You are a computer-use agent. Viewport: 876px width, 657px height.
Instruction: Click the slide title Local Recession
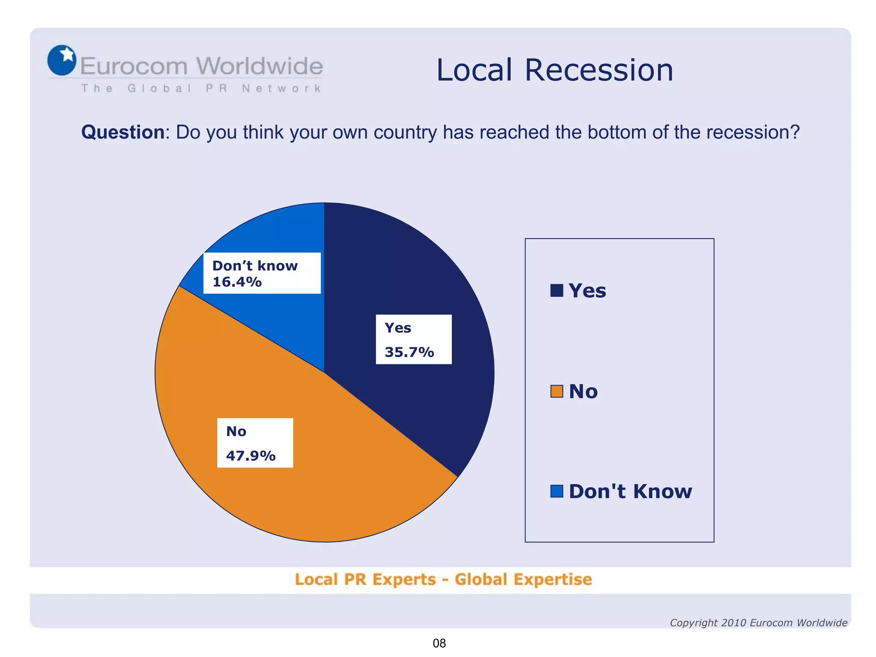[x=555, y=70]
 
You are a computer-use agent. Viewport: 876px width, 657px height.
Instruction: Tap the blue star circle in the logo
[x=62, y=60]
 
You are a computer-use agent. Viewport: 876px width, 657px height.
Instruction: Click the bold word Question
[x=123, y=132]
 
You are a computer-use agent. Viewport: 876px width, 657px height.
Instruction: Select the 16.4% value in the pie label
[x=237, y=282]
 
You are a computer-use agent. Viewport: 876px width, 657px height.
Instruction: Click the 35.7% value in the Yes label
[x=409, y=352]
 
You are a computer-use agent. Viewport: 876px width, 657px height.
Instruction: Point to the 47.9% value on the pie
[x=251, y=456]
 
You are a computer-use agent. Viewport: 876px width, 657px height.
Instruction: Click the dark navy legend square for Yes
[x=556, y=290]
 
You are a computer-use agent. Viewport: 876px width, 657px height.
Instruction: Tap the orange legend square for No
[x=556, y=391]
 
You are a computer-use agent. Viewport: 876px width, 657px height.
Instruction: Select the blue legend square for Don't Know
[x=556, y=491]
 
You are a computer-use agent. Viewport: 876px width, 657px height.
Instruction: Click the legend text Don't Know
[x=630, y=491]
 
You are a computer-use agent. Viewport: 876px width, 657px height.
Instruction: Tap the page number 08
[x=439, y=643]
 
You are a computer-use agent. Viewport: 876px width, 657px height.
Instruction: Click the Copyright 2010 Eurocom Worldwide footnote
[x=758, y=623]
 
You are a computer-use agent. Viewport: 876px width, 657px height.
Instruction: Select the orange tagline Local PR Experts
[x=365, y=580]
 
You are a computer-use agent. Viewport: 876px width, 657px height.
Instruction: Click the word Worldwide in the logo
[x=260, y=66]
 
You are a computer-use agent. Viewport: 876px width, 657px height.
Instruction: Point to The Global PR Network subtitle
[x=201, y=89]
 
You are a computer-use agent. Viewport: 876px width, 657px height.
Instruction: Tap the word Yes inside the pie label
[x=398, y=328]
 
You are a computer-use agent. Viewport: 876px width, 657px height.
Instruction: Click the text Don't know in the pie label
[x=255, y=266]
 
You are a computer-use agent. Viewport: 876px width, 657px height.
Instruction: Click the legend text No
[x=583, y=391]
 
